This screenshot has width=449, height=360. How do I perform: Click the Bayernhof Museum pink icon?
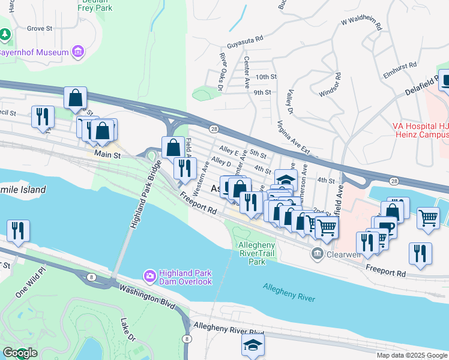[77, 52]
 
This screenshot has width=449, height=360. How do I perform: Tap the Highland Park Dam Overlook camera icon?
[149, 275]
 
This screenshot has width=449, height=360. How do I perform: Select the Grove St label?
[41, 28]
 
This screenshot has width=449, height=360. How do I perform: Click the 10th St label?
[265, 77]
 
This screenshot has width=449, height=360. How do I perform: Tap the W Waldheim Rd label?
[361, 24]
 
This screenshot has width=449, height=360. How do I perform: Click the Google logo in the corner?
[19, 353]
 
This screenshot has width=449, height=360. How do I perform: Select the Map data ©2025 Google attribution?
[411, 355]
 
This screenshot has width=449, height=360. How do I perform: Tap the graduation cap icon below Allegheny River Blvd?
[253, 344]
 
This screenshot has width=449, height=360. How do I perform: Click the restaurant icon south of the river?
[18, 231]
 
